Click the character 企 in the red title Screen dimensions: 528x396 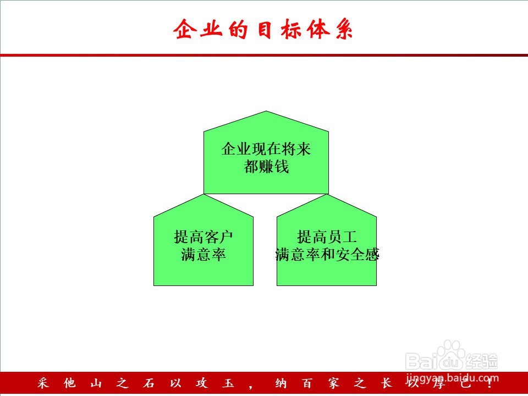click(x=185, y=29)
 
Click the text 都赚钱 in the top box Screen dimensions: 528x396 click(x=266, y=166)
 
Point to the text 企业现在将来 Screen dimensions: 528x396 click(x=266, y=149)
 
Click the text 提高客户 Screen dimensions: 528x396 click(x=204, y=237)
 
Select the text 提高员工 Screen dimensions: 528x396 click(x=327, y=237)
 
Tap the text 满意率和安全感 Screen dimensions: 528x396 click(x=327, y=255)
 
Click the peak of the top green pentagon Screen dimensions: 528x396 click(x=266, y=111)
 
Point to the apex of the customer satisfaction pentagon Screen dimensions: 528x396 click(x=204, y=195)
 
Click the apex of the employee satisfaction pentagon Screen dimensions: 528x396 click(x=327, y=195)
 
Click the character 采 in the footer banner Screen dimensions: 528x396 click(x=43, y=383)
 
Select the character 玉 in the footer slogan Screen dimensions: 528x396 click(x=228, y=383)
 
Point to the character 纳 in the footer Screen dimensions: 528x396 click(x=280, y=383)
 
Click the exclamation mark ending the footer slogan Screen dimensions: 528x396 click(x=490, y=383)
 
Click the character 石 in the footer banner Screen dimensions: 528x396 click(x=148, y=383)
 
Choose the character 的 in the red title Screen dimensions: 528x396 click(x=238, y=29)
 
